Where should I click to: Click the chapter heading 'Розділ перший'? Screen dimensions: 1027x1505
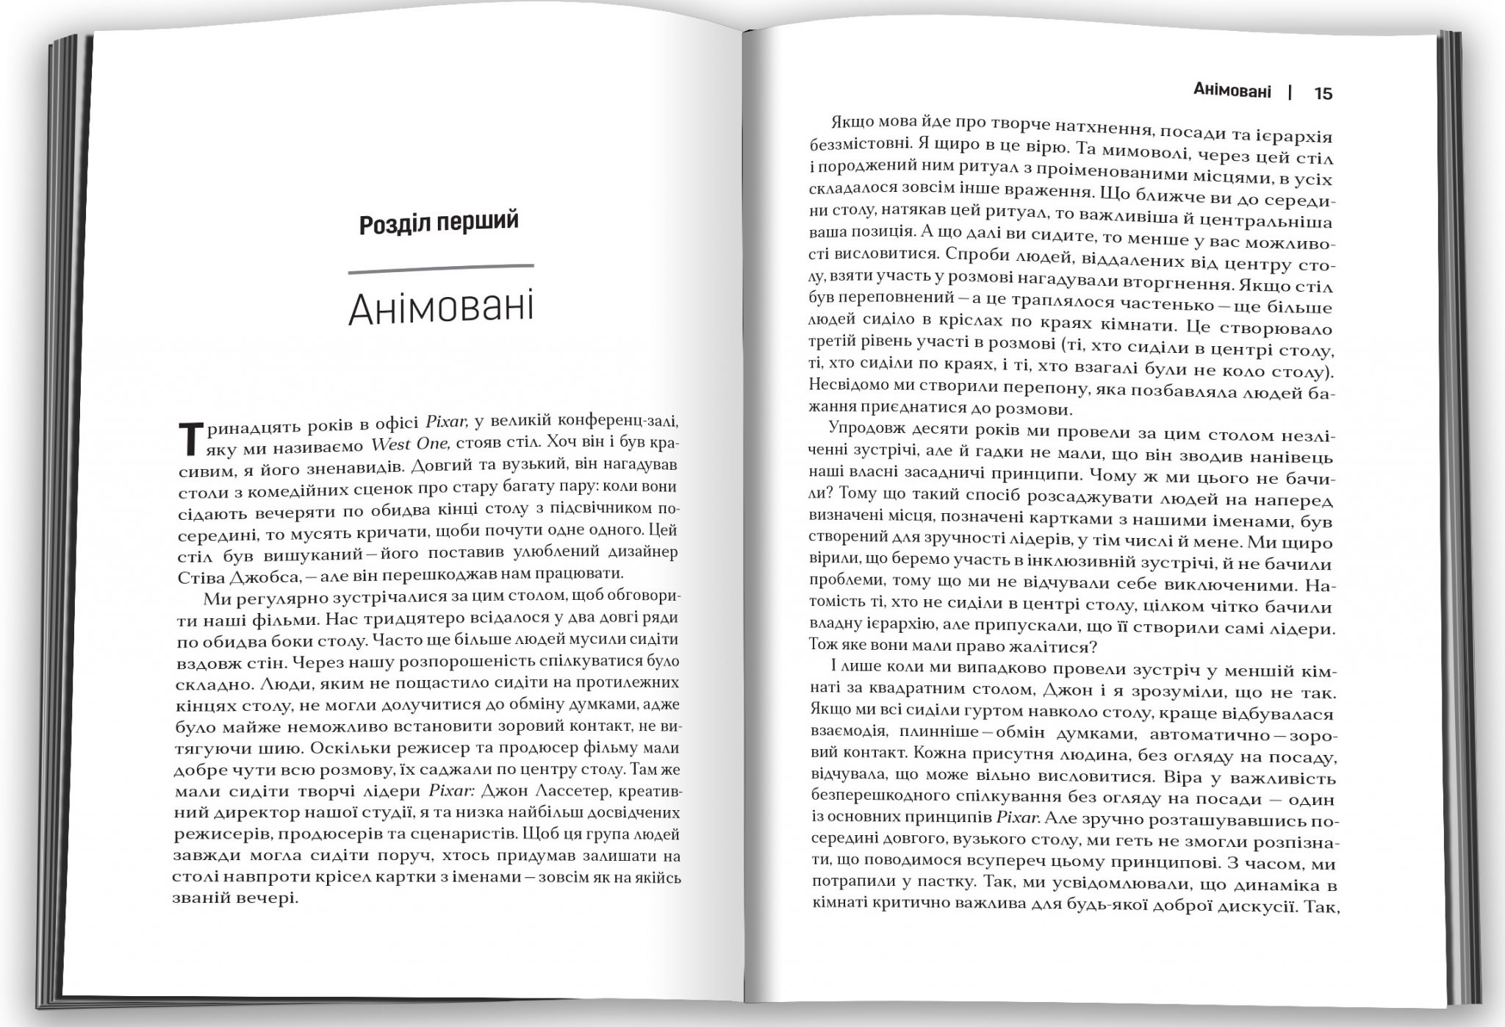[439, 222]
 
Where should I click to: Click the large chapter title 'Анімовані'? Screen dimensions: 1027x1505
[440, 309]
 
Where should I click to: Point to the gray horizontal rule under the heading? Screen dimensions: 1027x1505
[440, 268]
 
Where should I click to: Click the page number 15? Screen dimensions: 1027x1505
[1323, 93]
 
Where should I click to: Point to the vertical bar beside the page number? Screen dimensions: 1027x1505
[1290, 93]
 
